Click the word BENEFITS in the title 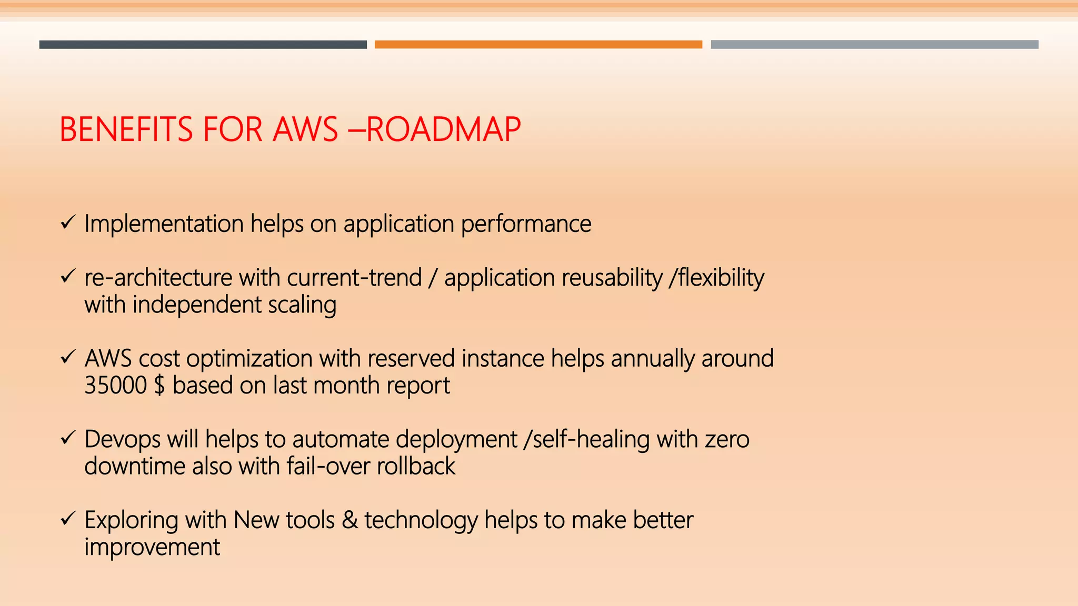(x=126, y=129)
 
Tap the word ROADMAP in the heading (x=443, y=129)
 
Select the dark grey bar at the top (x=203, y=45)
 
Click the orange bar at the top (x=538, y=45)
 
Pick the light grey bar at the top (x=874, y=45)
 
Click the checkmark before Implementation (x=68, y=223)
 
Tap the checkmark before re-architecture (x=68, y=276)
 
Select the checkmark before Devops (x=68, y=438)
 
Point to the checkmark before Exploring (x=68, y=519)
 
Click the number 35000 (x=115, y=386)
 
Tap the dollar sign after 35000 (x=159, y=386)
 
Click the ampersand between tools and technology (x=350, y=520)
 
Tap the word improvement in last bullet (x=152, y=548)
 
